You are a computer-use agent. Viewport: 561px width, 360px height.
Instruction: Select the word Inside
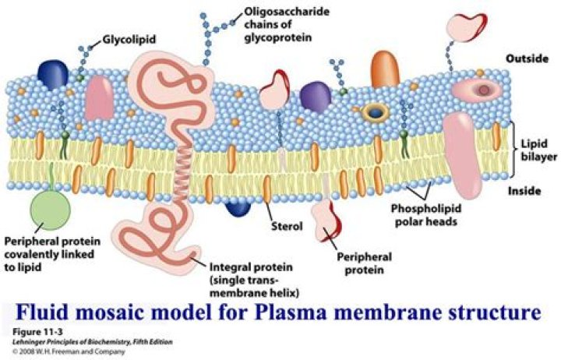524,191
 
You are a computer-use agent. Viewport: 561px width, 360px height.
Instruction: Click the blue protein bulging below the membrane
238,206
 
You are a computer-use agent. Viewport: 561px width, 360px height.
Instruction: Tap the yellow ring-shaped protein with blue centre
377,112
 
